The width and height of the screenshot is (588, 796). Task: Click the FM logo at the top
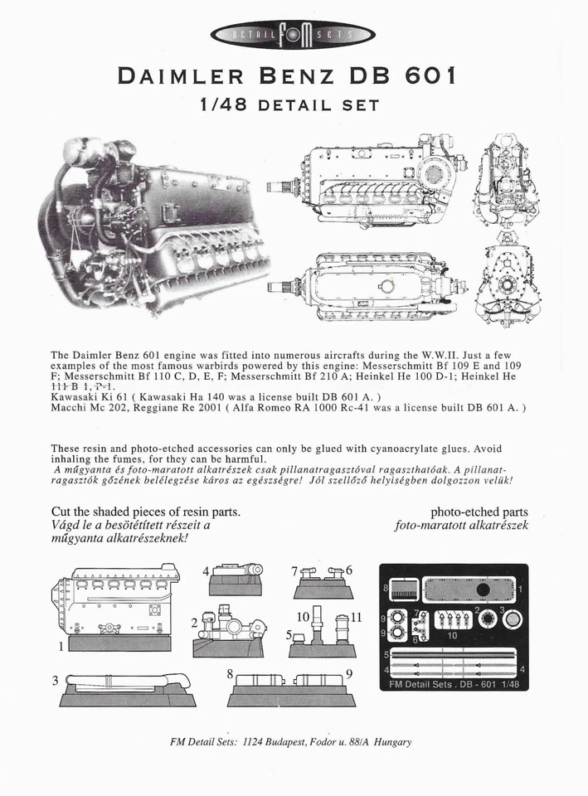tap(294, 34)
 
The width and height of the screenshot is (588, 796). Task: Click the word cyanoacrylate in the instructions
tap(362, 449)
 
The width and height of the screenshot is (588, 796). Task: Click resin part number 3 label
tap(56, 680)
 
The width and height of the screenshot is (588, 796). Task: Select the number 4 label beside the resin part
tap(206, 571)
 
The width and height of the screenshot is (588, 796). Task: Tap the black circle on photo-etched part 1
tap(482, 590)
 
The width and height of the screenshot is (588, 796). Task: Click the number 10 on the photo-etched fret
tap(452, 635)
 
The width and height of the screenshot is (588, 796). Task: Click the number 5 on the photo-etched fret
tap(386, 655)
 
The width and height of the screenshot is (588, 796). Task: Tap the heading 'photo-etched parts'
tap(479, 512)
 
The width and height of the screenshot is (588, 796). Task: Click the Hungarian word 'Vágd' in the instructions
tap(67, 526)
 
